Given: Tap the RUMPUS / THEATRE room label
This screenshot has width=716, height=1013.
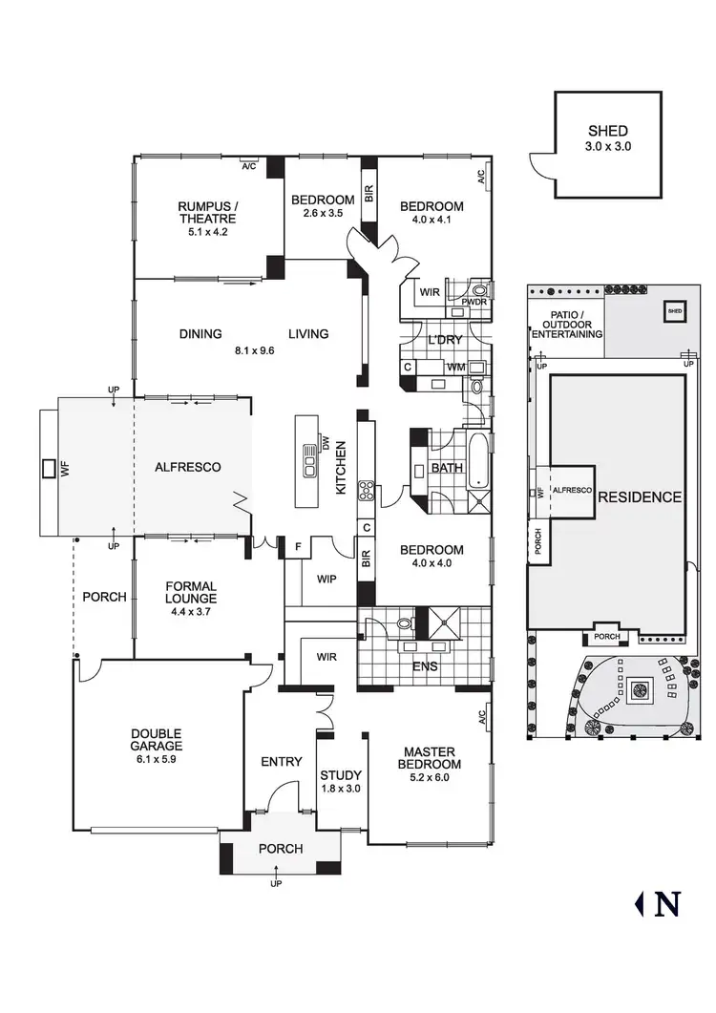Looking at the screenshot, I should coord(208,211).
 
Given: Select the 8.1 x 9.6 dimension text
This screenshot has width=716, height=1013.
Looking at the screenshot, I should coord(253,349).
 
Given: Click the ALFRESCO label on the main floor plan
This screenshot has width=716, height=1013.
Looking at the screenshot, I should coord(188,467).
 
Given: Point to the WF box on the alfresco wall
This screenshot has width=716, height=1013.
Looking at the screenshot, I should coord(49,468).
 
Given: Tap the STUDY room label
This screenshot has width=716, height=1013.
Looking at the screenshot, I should coord(340,775).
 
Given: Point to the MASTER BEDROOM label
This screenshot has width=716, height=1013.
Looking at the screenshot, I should coord(432,758).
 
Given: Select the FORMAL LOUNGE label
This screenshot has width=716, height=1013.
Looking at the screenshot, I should coord(191,593).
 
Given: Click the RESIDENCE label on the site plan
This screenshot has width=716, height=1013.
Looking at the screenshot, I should coord(641,496).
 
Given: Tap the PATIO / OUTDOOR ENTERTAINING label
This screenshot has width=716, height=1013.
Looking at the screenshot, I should coord(567,325).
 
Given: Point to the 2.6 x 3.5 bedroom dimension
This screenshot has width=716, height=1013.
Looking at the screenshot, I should coord(323,214).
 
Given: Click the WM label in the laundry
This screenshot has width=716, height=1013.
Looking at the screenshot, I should coord(455,367).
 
